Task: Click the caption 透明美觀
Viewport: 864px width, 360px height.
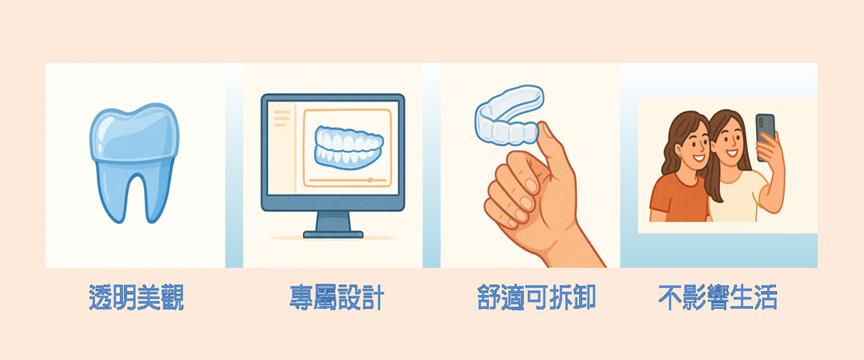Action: coord(136,297)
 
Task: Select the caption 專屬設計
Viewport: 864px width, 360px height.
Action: coord(337,297)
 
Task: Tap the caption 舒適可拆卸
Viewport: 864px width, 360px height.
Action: coord(536,297)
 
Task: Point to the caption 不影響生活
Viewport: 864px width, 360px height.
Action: coord(718,297)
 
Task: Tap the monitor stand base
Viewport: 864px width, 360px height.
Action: coord(333,234)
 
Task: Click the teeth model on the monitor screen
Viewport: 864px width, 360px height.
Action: coord(349,148)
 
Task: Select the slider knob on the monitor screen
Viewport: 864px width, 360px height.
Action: coord(370,180)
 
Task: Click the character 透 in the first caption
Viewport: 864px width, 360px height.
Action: coord(100,297)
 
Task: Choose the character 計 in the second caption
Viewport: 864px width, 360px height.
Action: coord(373,297)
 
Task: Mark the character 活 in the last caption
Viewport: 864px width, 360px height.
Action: coord(765,297)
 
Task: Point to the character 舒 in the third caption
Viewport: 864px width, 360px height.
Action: coord(489,297)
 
